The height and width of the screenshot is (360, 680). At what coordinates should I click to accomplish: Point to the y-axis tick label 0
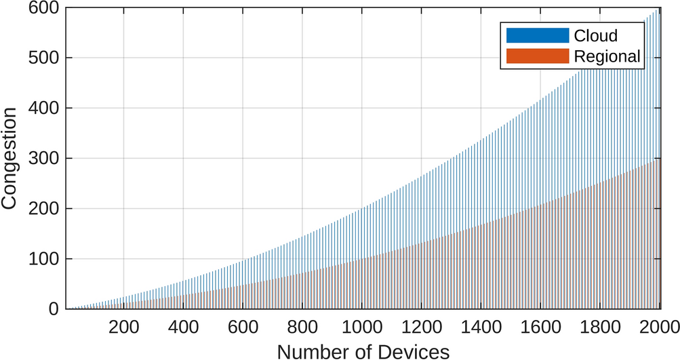(52, 309)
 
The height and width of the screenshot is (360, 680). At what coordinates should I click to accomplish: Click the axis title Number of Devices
(363, 351)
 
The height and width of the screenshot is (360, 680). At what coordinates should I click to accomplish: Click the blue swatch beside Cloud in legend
(538, 35)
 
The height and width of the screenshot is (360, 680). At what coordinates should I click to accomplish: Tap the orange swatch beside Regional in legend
(538, 56)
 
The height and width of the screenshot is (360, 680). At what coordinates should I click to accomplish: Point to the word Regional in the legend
(606, 57)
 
